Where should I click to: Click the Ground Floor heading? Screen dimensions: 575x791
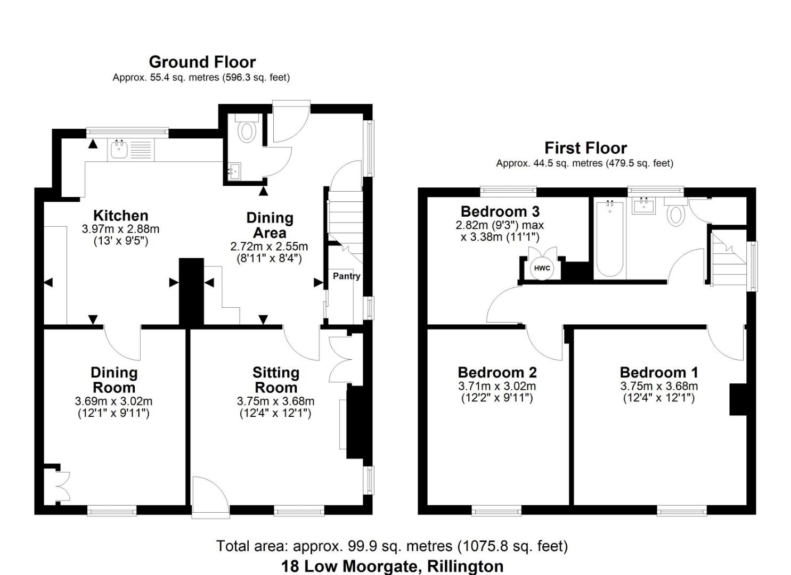pyautogui.click(x=202, y=62)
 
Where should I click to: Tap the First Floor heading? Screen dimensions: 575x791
pyautogui.click(x=585, y=147)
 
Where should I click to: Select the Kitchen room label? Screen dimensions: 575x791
pyautogui.click(x=120, y=216)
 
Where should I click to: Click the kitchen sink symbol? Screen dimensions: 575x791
pyautogui.click(x=118, y=150)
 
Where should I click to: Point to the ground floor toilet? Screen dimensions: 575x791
pyautogui.click(x=246, y=129)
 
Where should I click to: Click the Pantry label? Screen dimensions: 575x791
pyautogui.click(x=346, y=276)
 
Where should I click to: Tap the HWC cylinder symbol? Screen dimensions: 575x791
pyautogui.click(x=542, y=268)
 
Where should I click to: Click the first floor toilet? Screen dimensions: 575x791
pyautogui.click(x=675, y=213)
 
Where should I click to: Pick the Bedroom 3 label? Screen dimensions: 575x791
pyautogui.click(x=500, y=211)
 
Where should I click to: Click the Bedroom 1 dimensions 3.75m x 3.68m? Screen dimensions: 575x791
pyautogui.click(x=658, y=387)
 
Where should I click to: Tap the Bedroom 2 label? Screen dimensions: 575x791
pyautogui.click(x=497, y=372)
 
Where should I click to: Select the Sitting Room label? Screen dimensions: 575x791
pyautogui.click(x=275, y=380)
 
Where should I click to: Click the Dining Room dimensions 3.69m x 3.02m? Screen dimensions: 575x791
pyautogui.click(x=113, y=401)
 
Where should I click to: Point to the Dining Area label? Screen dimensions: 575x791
pyautogui.click(x=270, y=225)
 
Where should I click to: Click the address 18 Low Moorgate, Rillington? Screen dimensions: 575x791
pyautogui.click(x=392, y=566)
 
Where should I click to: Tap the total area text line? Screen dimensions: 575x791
pyautogui.click(x=392, y=546)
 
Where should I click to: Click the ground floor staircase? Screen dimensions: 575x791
pyautogui.click(x=344, y=218)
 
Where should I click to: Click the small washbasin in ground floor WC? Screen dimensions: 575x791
pyautogui.click(x=233, y=171)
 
